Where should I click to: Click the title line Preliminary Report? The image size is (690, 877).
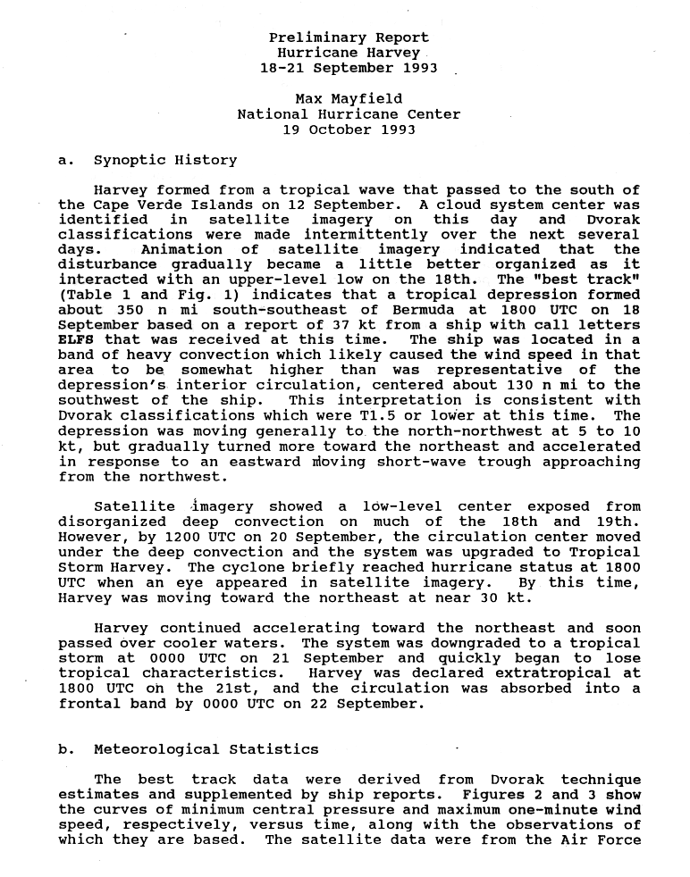coord(349,38)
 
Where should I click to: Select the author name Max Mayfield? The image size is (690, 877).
coord(349,98)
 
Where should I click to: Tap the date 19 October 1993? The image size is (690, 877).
coord(349,129)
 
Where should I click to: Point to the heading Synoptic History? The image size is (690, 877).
coord(164,161)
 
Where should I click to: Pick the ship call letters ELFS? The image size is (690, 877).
coord(76,339)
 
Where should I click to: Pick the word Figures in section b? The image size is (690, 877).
coord(494,795)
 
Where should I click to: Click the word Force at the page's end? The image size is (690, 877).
coord(618,839)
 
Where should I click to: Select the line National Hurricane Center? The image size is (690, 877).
coord(349,113)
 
